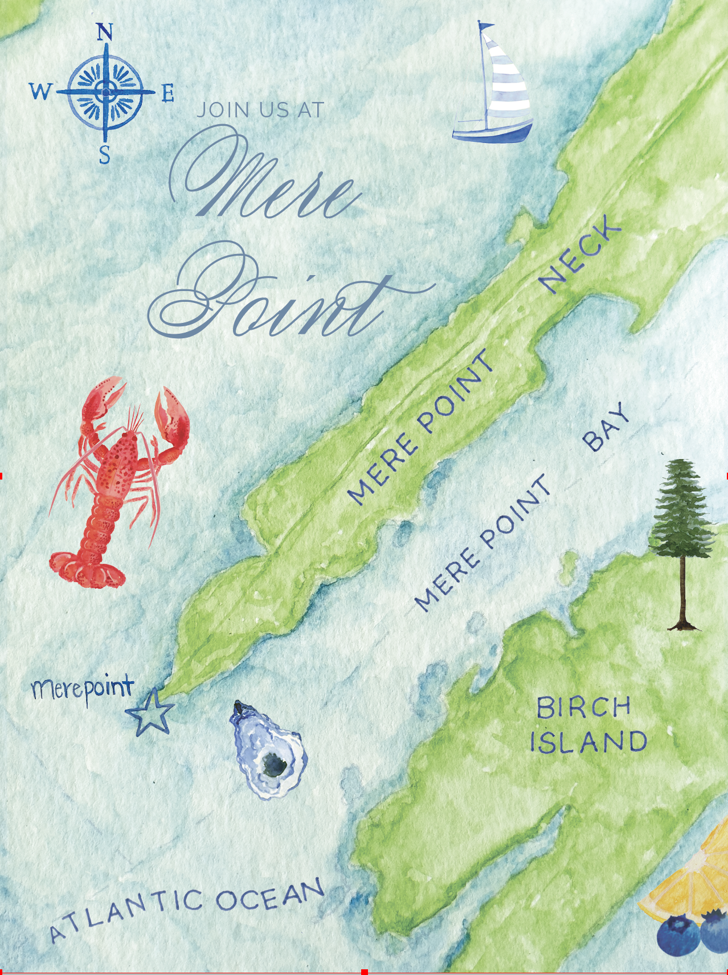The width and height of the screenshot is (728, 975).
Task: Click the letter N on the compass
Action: coord(104,32)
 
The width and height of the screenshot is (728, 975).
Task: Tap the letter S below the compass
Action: coord(105,154)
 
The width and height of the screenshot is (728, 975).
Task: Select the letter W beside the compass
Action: coord(40,91)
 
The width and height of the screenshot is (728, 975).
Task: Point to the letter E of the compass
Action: coord(167,93)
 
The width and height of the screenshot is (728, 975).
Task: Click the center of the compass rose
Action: coord(105,90)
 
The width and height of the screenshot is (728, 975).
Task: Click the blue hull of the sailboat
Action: coord(492,132)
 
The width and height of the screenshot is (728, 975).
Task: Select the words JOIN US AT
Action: coord(260,110)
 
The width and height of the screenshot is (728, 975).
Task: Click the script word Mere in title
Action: coord(268,182)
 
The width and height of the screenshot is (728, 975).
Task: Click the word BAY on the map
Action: coord(606,428)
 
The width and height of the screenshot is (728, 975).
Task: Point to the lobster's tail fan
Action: coord(85,568)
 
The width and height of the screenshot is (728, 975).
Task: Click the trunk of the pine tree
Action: coord(684,592)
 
